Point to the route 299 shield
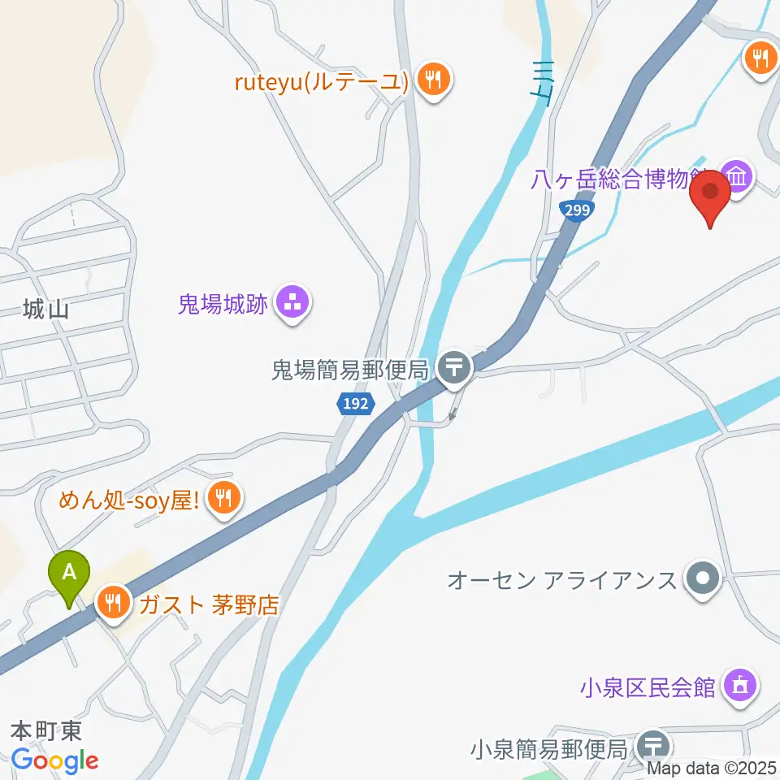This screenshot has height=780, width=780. pos(578,210)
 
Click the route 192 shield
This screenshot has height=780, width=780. pos(353,403)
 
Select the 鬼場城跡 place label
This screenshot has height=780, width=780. pos(223,305)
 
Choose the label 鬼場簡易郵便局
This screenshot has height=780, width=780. pos(349,371)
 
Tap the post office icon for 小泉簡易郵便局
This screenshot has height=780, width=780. pos(654,744)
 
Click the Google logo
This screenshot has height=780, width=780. pos(55,760)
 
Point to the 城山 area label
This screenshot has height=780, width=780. pos(45,308)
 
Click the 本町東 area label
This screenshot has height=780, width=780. pos(46,729)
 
